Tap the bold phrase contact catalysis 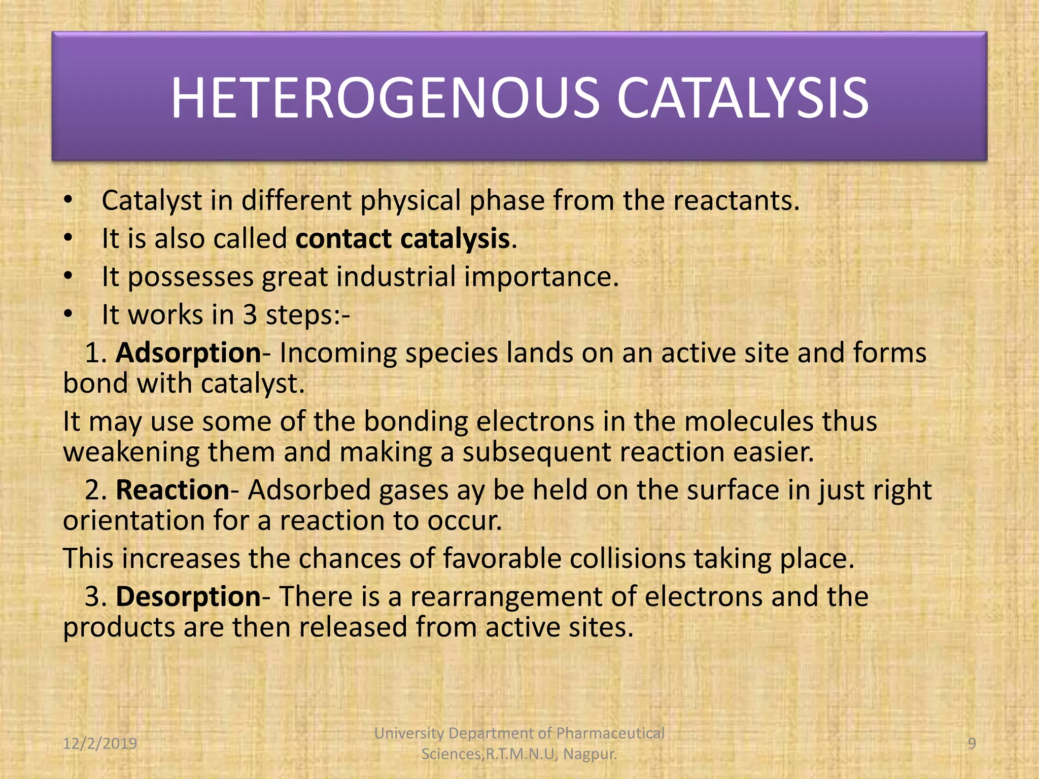coord(403,238)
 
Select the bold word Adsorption coord(188,353)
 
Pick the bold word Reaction coord(172,490)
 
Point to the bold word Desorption coord(188,596)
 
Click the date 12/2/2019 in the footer coord(100,743)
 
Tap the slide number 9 coord(972,743)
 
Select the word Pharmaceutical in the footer coord(610,733)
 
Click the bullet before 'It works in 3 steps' coord(68,315)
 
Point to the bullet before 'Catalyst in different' coord(68,200)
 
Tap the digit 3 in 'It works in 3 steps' coord(250,315)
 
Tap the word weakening coord(131,452)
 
